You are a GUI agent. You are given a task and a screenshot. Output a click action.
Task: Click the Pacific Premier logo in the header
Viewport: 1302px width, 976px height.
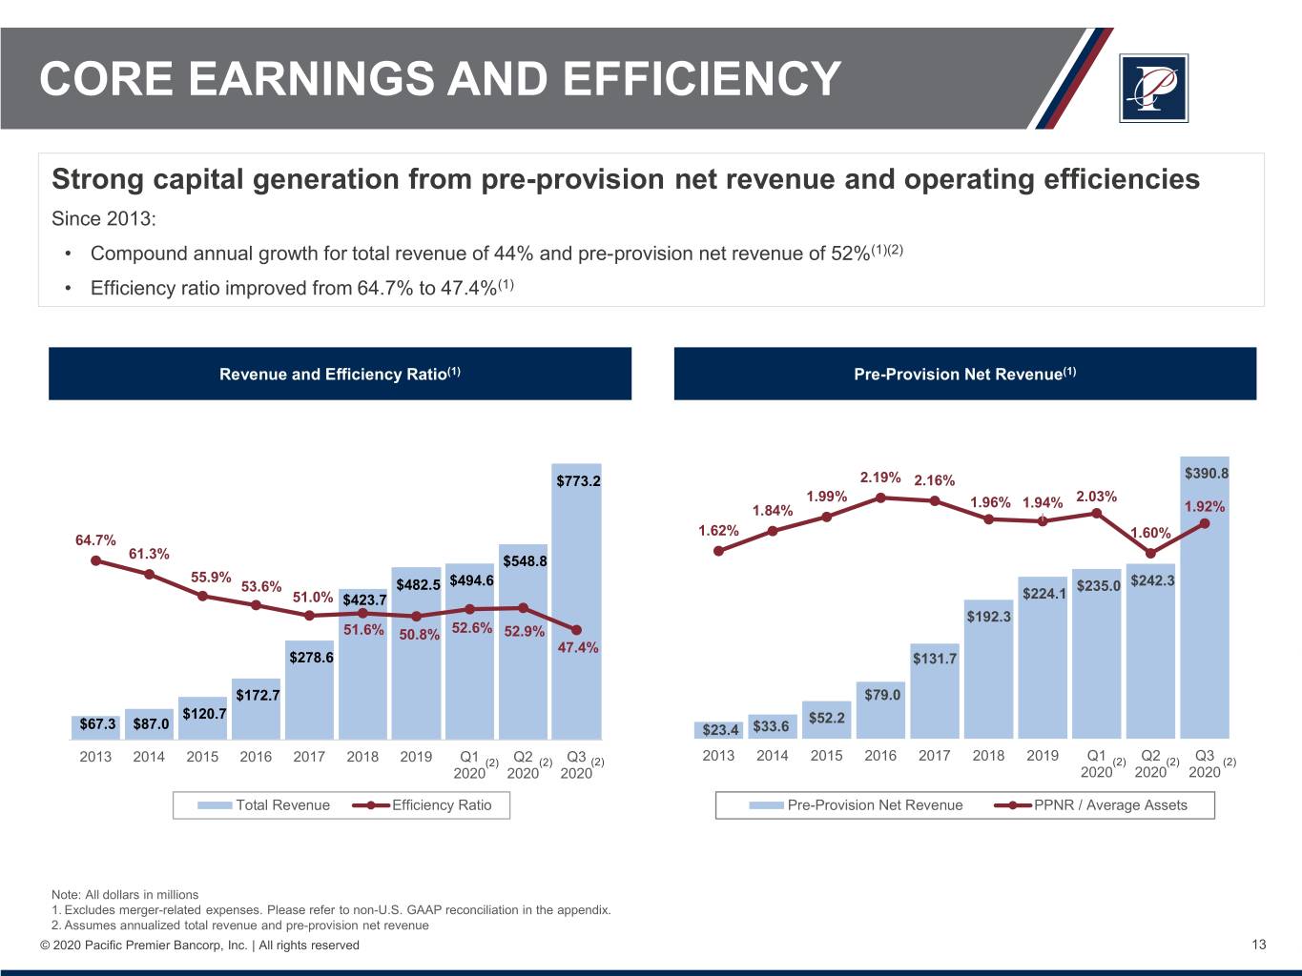(1153, 88)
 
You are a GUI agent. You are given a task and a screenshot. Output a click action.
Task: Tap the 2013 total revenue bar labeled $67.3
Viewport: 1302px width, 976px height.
(95, 726)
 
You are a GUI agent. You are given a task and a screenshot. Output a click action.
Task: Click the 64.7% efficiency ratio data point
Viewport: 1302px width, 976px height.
(95, 560)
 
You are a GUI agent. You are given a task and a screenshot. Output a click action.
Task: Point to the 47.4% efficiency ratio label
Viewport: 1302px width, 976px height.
(577, 648)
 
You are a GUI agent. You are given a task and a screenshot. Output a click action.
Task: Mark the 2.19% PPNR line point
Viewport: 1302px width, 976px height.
(880, 497)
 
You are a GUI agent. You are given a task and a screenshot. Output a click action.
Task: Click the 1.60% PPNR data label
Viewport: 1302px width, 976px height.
(1149, 533)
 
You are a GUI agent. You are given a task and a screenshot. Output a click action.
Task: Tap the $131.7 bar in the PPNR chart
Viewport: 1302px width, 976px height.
(934, 691)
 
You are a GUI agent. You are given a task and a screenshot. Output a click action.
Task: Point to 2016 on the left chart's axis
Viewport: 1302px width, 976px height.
(256, 757)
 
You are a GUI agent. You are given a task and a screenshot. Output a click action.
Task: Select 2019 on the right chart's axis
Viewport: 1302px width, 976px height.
(1043, 756)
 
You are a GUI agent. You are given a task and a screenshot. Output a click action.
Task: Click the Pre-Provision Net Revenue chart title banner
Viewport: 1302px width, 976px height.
(964, 374)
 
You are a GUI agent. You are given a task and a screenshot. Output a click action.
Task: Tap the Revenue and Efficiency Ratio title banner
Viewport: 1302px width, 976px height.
(340, 374)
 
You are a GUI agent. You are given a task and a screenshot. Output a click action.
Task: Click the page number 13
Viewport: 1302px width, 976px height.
(1259, 945)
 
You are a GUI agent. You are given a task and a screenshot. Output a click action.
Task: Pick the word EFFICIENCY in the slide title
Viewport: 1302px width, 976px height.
(702, 78)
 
